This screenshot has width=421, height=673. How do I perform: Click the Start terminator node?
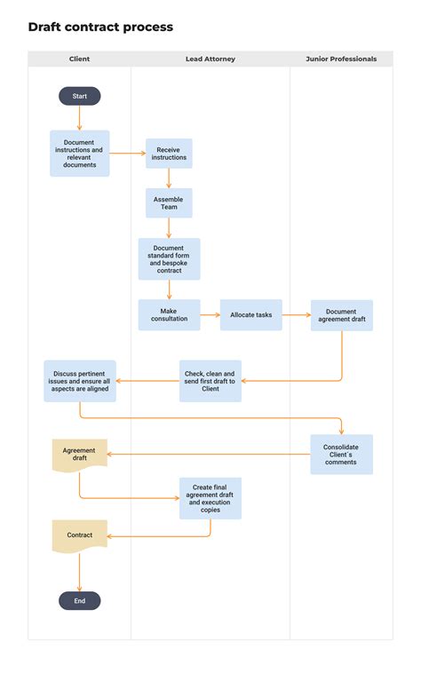click(x=80, y=96)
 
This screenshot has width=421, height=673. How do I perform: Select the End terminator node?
click(x=80, y=601)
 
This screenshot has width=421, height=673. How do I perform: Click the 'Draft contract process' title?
click(x=100, y=28)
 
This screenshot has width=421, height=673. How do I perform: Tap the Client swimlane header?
click(x=80, y=59)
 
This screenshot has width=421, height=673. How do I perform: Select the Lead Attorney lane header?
click(x=210, y=59)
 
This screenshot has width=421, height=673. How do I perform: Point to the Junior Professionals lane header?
click(x=341, y=59)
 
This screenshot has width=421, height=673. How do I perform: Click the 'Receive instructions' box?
click(x=169, y=154)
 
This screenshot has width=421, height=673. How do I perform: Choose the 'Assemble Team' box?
click(x=169, y=203)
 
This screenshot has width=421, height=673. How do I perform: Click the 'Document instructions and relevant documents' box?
click(x=80, y=153)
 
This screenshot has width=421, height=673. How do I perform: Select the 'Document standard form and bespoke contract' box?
click(x=169, y=258)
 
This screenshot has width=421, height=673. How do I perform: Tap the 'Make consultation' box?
click(x=169, y=315)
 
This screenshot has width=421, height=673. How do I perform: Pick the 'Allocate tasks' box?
click(x=251, y=315)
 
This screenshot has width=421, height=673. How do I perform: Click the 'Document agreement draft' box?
click(x=341, y=315)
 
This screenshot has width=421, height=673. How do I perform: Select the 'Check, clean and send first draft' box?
click(x=210, y=381)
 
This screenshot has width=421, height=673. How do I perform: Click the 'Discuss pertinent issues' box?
click(x=80, y=380)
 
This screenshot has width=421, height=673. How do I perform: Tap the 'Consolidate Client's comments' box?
click(x=341, y=454)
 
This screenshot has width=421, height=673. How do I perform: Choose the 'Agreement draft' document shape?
click(x=80, y=455)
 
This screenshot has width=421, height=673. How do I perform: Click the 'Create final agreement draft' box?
click(x=210, y=498)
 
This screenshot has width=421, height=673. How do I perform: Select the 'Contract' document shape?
click(x=80, y=535)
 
